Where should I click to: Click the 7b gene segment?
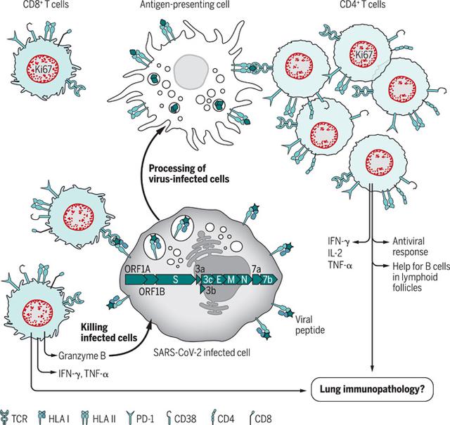[x=268, y=279]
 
